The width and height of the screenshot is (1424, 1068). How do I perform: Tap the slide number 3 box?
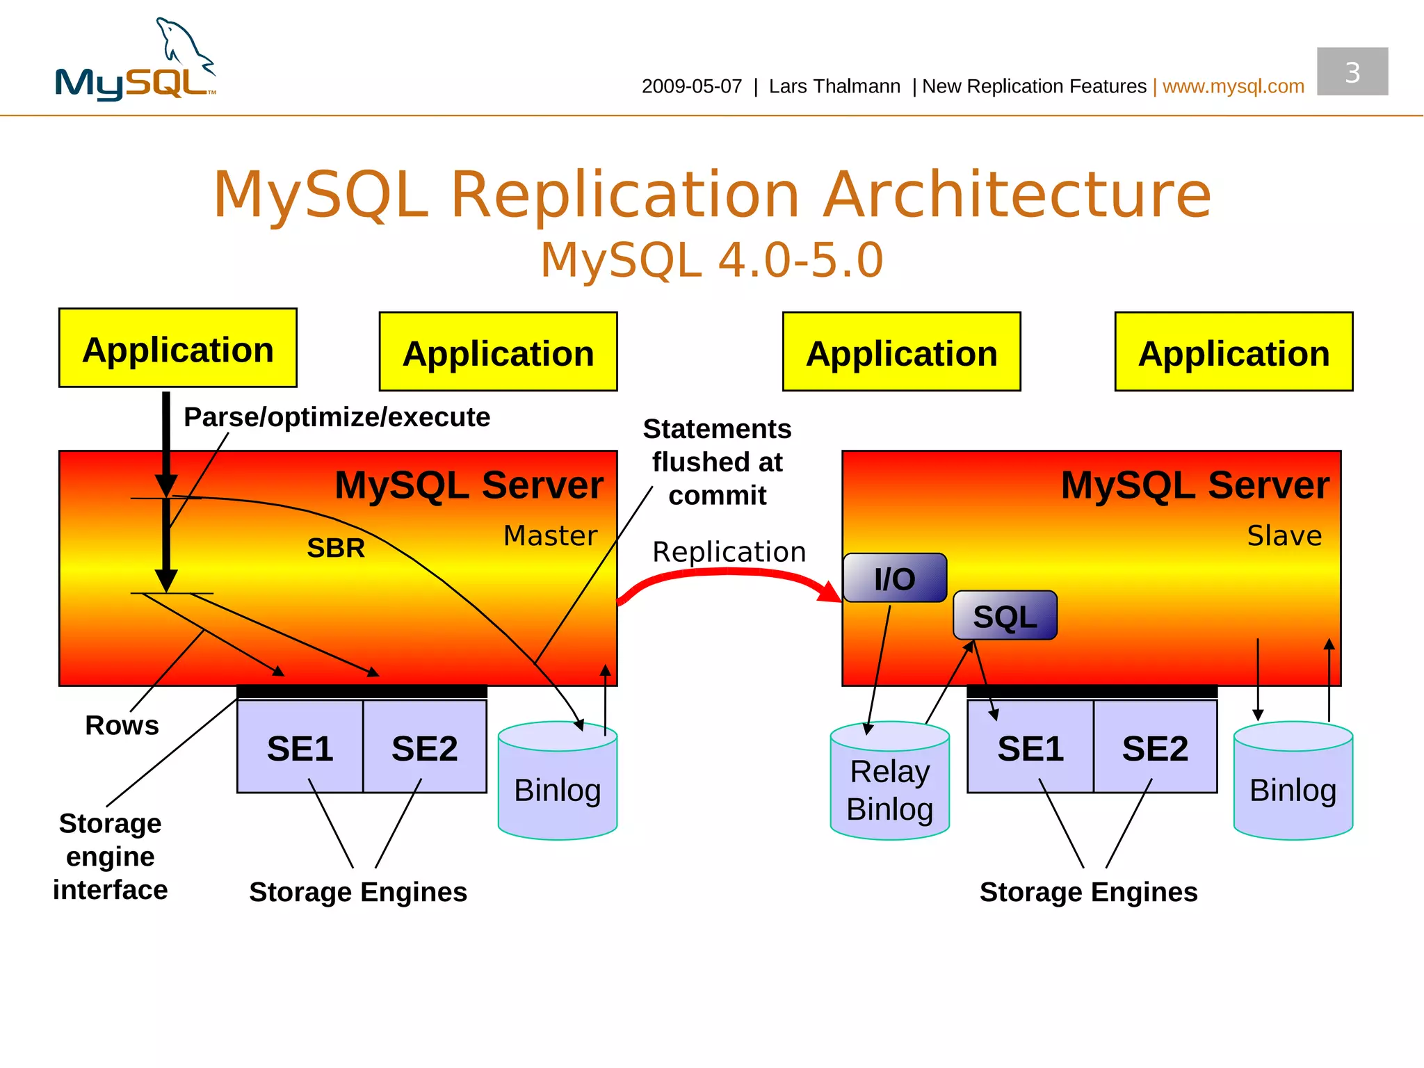[x=1352, y=72]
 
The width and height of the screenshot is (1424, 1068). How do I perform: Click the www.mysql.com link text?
[x=1233, y=86]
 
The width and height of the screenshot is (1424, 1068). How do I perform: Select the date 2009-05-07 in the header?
[x=691, y=86]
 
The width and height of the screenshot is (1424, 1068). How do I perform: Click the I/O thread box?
[x=894, y=578]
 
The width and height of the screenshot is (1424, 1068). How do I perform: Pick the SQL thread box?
[x=1005, y=616]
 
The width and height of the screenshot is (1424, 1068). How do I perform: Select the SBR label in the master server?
[x=336, y=549]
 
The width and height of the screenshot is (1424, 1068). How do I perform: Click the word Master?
[x=550, y=535]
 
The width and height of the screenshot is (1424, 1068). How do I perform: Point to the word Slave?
[x=1284, y=535]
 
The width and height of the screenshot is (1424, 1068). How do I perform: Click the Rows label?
[x=122, y=725]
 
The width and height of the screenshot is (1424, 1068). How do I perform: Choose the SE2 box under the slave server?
[x=1155, y=748]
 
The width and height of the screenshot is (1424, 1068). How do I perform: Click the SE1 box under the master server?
[x=300, y=748]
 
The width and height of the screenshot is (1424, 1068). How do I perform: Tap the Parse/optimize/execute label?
[x=337, y=417]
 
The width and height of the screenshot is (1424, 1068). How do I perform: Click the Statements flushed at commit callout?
[x=717, y=462]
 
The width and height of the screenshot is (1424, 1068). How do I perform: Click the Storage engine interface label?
[x=110, y=857]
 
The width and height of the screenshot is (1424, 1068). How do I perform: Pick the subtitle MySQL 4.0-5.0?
[x=711, y=260]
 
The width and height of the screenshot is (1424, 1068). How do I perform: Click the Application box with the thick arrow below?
[x=178, y=348]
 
